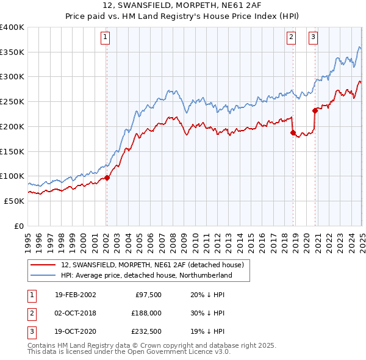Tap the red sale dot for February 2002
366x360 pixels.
tap(106, 178)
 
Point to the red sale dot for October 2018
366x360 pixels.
tap(293, 132)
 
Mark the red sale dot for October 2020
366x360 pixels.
tap(315, 110)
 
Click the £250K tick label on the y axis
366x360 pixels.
tap(12, 101)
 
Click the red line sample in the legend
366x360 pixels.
tap(44, 265)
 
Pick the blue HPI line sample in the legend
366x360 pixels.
tap(44, 276)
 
